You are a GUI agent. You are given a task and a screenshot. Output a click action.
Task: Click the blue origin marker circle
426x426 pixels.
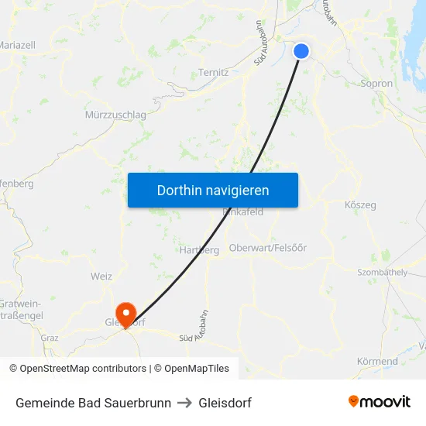tap(301, 51)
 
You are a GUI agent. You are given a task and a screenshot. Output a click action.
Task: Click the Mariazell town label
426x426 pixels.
tap(17, 45)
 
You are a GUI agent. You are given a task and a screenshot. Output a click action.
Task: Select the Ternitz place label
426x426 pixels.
tap(213, 72)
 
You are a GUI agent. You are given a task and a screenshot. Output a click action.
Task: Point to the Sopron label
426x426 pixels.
tap(377, 84)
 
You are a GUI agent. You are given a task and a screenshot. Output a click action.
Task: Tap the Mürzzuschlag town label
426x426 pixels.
tap(115, 115)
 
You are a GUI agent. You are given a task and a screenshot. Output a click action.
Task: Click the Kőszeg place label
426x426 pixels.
tap(359, 205)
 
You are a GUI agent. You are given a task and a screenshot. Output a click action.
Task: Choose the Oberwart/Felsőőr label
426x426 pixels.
tap(268, 248)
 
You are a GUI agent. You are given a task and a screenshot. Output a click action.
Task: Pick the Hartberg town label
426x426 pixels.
tap(194, 249)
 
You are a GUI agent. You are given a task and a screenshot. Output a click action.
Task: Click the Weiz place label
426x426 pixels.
tap(101, 276)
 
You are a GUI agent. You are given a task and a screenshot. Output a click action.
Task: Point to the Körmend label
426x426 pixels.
tap(377, 361)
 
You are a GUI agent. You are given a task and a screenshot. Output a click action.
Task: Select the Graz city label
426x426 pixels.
tap(50, 338)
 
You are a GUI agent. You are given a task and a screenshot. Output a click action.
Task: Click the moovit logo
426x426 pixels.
tap(380, 402)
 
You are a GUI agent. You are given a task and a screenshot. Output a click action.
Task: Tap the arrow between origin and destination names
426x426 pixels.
tap(184, 403)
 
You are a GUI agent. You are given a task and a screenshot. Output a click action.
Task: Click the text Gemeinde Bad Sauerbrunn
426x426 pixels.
tap(93, 403)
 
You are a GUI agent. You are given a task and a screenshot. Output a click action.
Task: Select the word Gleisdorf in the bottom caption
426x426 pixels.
tap(225, 403)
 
